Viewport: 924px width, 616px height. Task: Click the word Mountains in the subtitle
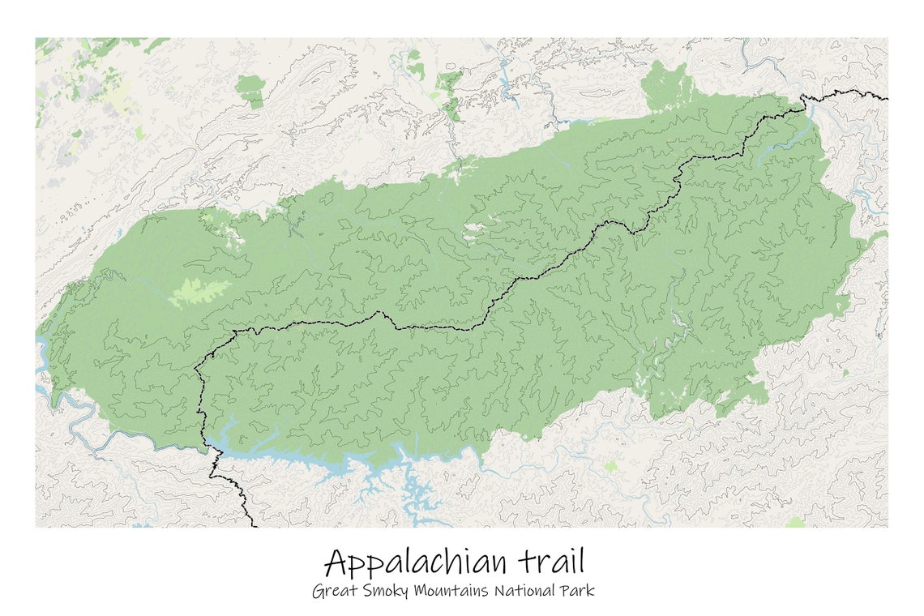coord(451,591)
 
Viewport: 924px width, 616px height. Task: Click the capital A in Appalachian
coord(339,562)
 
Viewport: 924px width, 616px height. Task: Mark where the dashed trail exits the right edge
coord(886,99)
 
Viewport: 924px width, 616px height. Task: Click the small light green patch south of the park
coord(610,468)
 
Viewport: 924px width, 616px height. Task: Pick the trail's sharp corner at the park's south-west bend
coord(197,370)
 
